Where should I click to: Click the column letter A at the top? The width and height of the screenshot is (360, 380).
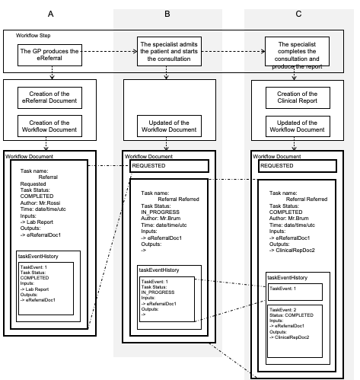tap(50, 15)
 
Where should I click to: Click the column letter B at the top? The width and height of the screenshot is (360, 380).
tap(167, 15)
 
